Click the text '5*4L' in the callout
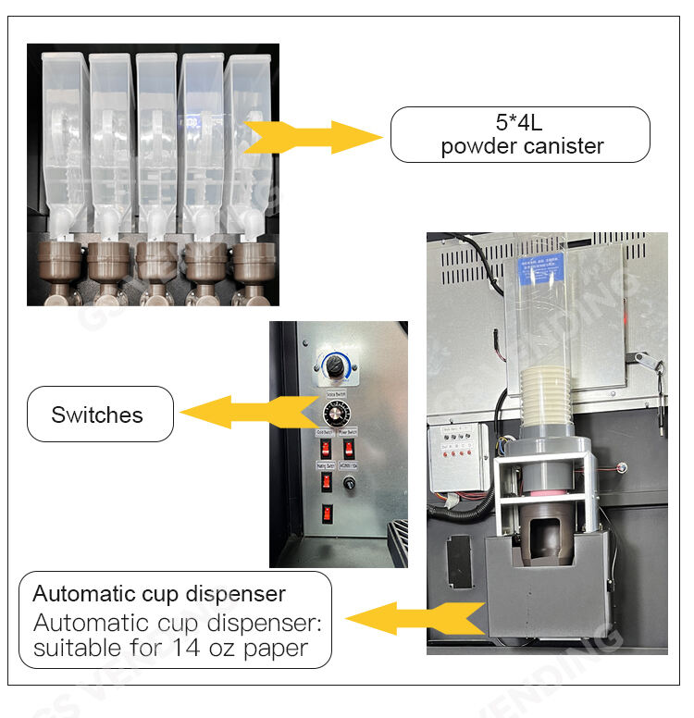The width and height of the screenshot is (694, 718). pyautogui.click(x=520, y=123)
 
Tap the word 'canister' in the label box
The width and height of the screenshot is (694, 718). pyautogui.click(x=564, y=146)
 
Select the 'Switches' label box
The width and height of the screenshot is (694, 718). pyautogui.click(x=99, y=415)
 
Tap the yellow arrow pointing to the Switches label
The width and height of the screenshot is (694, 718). pyautogui.click(x=243, y=411)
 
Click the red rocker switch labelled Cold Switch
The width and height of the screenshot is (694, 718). pyautogui.click(x=327, y=449)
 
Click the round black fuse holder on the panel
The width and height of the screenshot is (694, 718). pyautogui.click(x=351, y=482)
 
